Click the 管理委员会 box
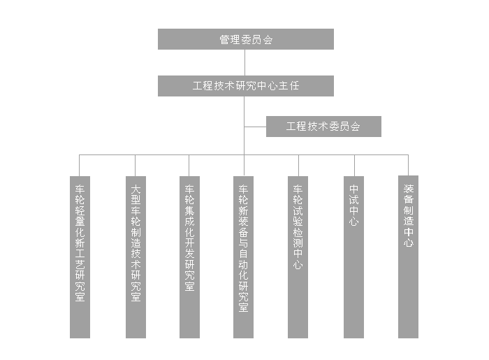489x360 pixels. [246, 40]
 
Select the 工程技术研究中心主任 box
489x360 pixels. [246, 85]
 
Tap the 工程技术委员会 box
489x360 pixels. [323, 127]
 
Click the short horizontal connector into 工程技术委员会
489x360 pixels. [255, 127]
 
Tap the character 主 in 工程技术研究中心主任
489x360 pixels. [283, 85]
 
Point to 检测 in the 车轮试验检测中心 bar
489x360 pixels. [298, 236]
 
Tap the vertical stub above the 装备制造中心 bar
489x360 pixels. [408, 164]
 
